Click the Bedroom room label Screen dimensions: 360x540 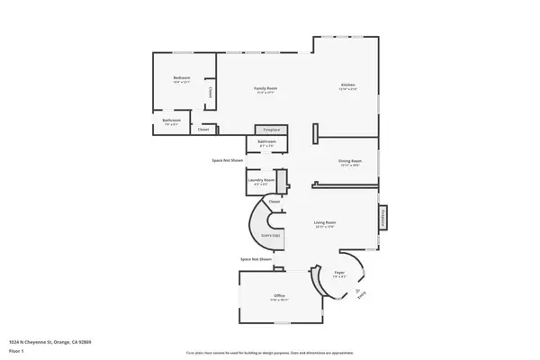coord(182,79)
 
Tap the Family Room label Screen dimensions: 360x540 coord(265,88)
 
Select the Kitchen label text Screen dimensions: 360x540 coord(347,85)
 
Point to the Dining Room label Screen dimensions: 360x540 coord(349,161)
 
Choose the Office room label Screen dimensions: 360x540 coord(279,296)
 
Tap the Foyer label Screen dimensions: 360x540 coord(339,272)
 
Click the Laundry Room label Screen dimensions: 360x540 coord(261,180)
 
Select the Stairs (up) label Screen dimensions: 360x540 coord(271,236)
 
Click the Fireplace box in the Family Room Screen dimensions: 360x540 coord(271,130)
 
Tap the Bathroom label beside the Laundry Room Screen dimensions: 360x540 coord(266,141)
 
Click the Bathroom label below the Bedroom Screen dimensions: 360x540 coord(172,121)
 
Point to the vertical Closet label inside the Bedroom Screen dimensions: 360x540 coord(211,92)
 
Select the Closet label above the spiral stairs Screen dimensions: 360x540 coord(274,202)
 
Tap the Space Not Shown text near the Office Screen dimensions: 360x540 coord(256,259)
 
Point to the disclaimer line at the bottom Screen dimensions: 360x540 coord(270,351)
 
